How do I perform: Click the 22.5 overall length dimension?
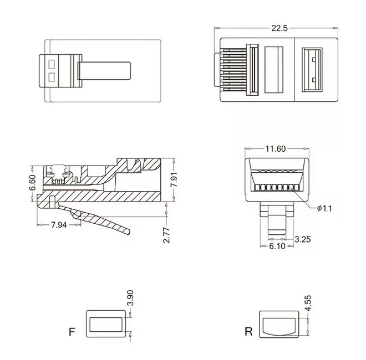[279, 28]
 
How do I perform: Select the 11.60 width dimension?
[276, 149]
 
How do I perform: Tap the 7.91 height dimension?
[174, 179]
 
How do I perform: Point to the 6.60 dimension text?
[33, 182]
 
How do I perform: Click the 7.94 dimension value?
[59, 225]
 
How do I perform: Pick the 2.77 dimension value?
[167, 235]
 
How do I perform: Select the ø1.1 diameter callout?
[324, 208]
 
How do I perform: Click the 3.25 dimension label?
[303, 239]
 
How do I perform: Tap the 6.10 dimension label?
[277, 246]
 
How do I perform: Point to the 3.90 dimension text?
[130, 298]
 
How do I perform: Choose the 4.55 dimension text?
[308, 303]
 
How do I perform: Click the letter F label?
[72, 332]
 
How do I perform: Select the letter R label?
[248, 331]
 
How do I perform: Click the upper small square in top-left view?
[52, 64]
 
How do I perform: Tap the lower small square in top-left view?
[52, 78]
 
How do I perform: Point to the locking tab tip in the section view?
[129, 232]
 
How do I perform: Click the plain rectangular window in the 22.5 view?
[274, 70]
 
